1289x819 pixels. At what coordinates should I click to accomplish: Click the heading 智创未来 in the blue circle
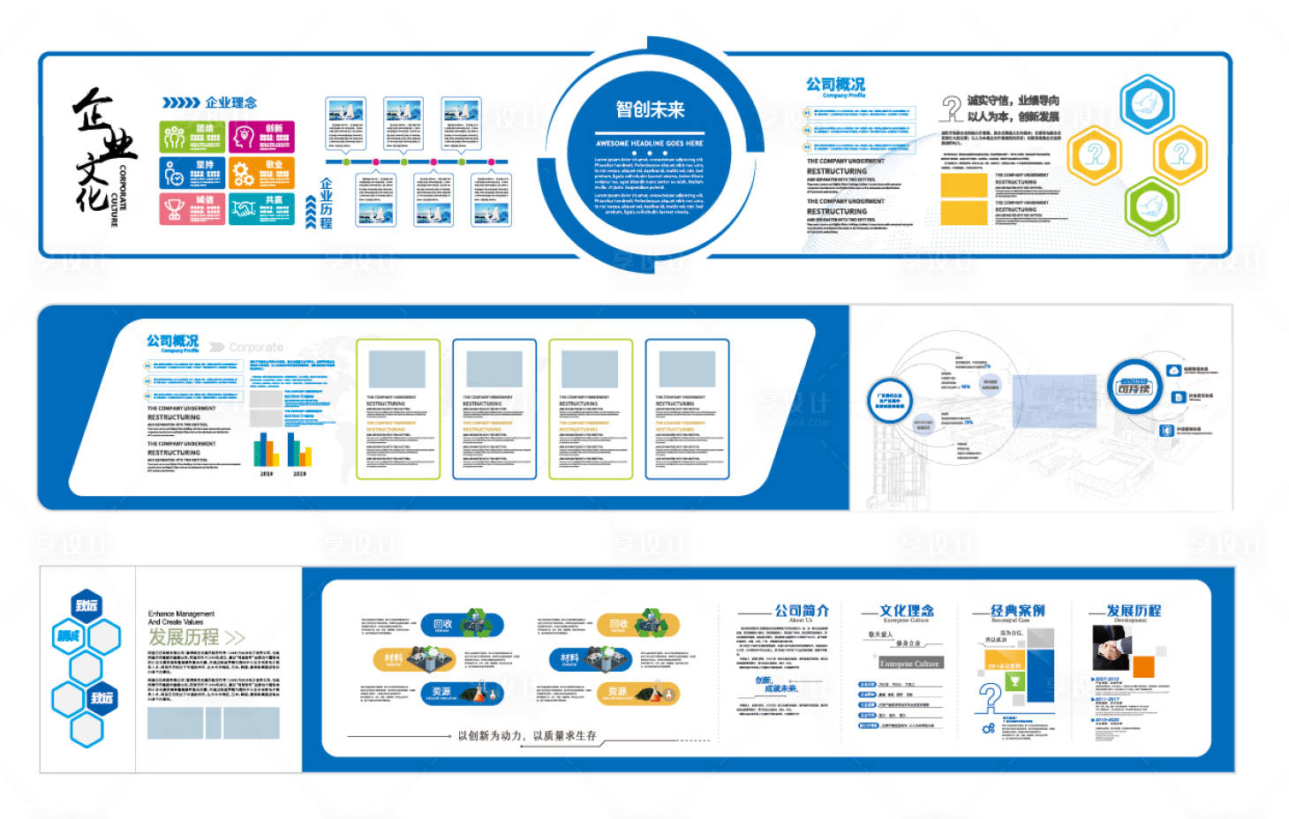pyautogui.click(x=650, y=109)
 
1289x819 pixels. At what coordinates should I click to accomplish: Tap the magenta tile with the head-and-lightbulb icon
pyautogui.click(x=261, y=137)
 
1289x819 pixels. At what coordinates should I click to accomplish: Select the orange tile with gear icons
pyautogui.click(x=261, y=173)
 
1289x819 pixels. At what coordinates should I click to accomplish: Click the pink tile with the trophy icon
pyautogui.click(x=192, y=208)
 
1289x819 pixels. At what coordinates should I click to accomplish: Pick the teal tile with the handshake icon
pyautogui.click(x=261, y=208)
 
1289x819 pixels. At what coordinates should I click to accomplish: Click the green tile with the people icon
pyautogui.click(x=192, y=137)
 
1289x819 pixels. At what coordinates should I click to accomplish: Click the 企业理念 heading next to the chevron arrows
pyautogui.click(x=230, y=102)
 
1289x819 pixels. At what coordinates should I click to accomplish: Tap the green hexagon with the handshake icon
pyautogui.click(x=1151, y=207)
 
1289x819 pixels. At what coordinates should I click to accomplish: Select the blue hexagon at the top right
pyautogui.click(x=1147, y=104)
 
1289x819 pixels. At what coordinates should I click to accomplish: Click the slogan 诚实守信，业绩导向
pyautogui.click(x=1013, y=101)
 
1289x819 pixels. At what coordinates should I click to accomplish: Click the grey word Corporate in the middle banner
pyautogui.click(x=256, y=348)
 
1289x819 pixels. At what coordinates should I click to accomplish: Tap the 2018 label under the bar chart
pyautogui.click(x=267, y=474)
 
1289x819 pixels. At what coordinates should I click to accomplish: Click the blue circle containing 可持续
pyautogui.click(x=1134, y=387)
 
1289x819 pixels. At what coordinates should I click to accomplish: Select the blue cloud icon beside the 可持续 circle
pyautogui.click(x=1174, y=371)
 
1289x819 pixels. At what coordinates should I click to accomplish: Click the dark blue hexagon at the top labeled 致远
pyautogui.click(x=87, y=605)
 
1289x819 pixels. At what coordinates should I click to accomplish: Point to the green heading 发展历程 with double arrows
pyautogui.click(x=196, y=637)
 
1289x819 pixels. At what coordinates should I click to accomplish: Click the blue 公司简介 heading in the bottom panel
pyautogui.click(x=802, y=611)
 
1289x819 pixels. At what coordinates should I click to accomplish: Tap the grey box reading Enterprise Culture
pyautogui.click(x=909, y=663)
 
